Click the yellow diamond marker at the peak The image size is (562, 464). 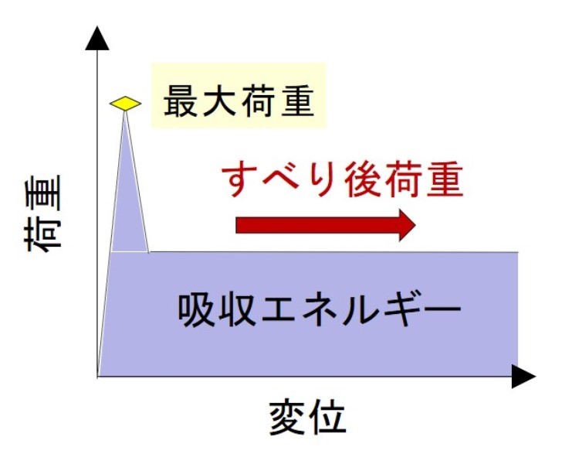[x=125, y=103]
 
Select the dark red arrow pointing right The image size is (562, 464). [x=325, y=224]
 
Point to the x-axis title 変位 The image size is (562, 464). [x=307, y=418]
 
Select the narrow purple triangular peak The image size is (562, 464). [x=128, y=201]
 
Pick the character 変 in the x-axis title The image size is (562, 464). [x=288, y=418]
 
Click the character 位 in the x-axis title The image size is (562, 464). [x=327, y=418]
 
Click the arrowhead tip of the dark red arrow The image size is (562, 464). [x=414, y=224]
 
